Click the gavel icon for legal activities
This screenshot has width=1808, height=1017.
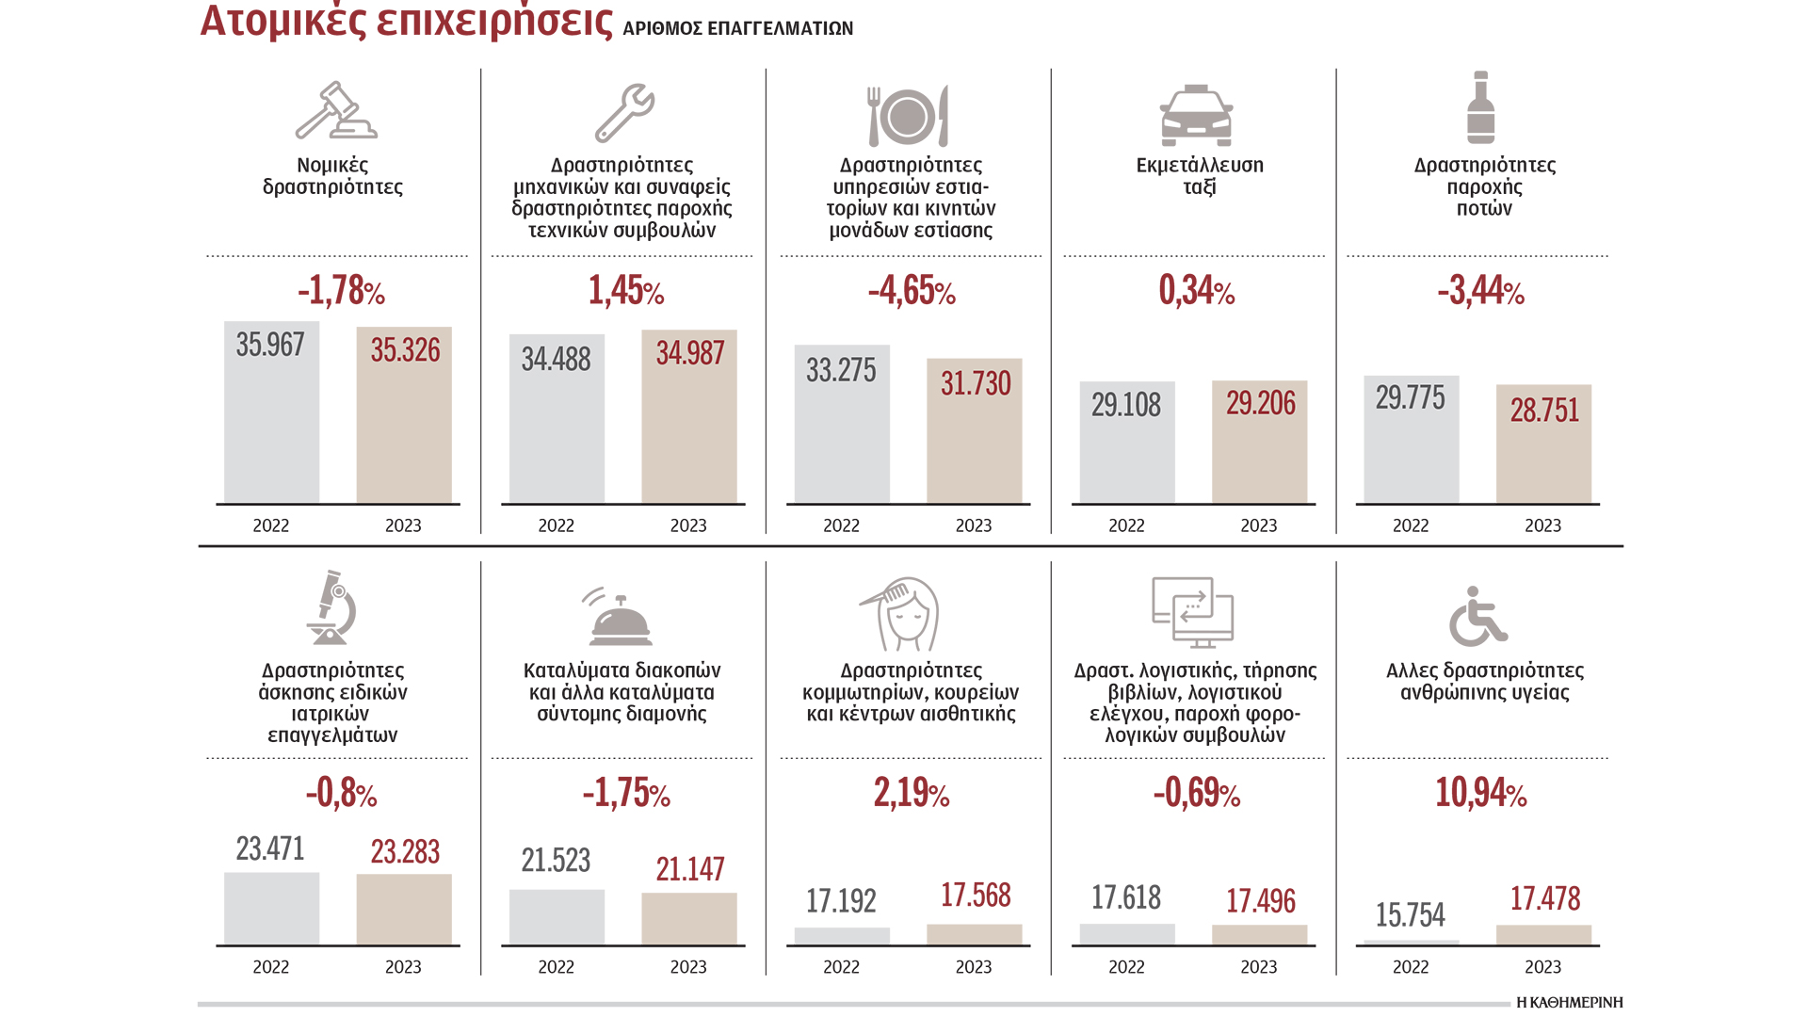[335, 111]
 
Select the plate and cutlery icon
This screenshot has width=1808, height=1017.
[908, 116]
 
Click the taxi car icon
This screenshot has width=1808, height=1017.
[1195, 116]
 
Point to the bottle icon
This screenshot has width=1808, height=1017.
[1480, 108]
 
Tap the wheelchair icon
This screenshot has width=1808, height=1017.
[1477, 617]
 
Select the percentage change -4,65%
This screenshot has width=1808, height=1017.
[912, 291]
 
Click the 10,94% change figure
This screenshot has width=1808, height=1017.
[1480, 793]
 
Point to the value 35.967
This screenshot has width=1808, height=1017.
[270, 345]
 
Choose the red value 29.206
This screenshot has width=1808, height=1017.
[1260, 403]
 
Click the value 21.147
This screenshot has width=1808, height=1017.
[690, 869]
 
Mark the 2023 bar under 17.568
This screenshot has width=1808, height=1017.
[974, 934]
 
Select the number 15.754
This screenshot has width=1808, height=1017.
[1410, 914]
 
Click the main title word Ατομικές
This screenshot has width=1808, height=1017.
[282, 21]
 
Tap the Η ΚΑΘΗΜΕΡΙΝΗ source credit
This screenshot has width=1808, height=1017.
[1569, 1003]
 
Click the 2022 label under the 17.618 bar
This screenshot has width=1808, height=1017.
[1126, 967]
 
